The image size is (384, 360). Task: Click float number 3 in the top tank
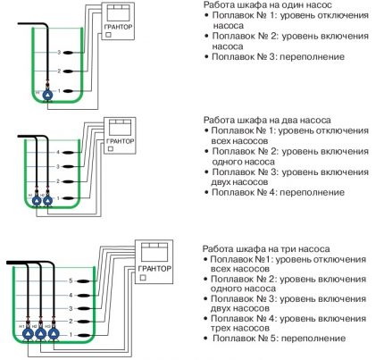pos(60,53)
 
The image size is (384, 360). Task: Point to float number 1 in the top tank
pos(60,90)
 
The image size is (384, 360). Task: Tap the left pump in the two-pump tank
pos(36,201)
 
